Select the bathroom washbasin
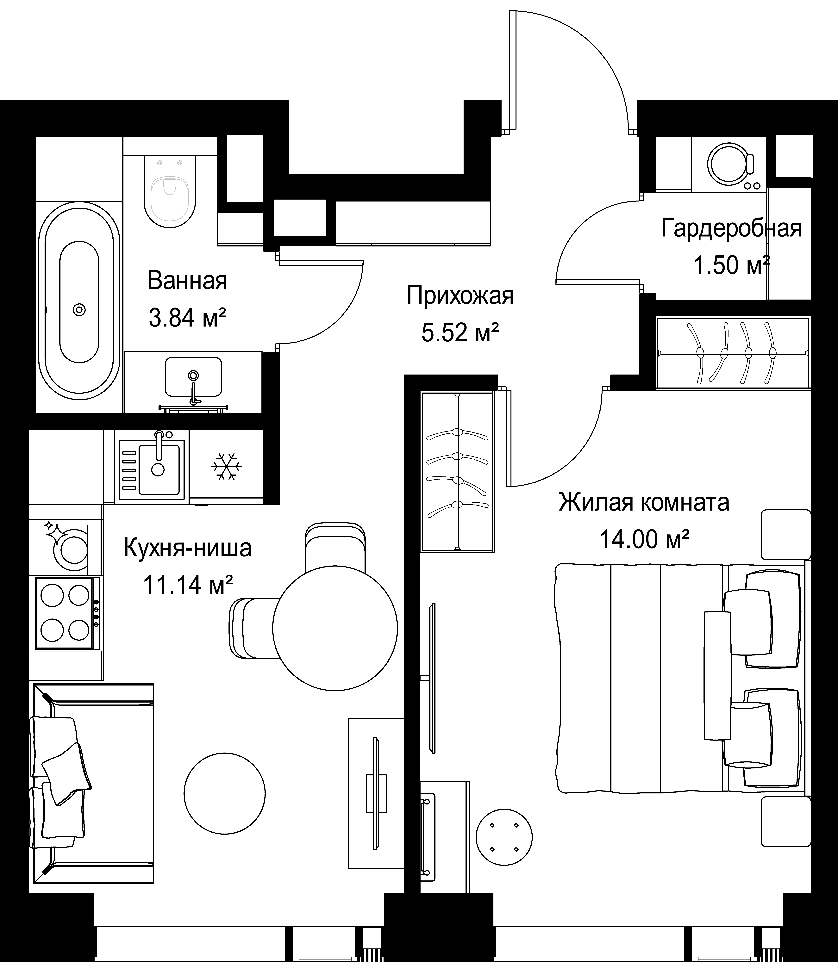click(x=193, y=377)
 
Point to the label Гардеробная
click(x=731, y=229)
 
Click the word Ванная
click(x=188, y=281)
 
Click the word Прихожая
click(x=460, y=295)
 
